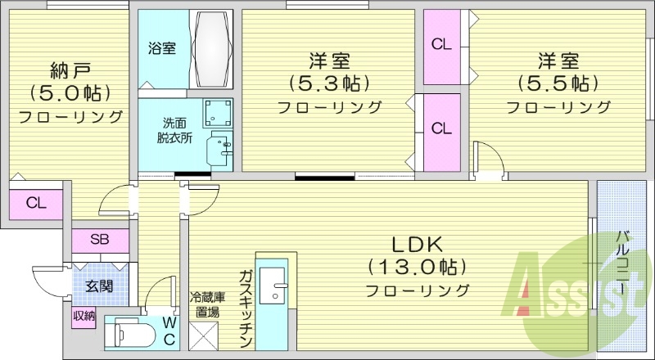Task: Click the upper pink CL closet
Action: [x=441, y=46]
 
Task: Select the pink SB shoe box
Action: [x=99, y=241]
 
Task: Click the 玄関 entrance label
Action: [x=99, y=286]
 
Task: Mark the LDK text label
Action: [x=416, y=244]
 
